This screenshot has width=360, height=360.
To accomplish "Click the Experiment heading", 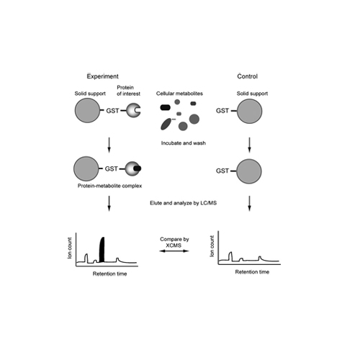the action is click(102, 76).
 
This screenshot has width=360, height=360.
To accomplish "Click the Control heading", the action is click(247, 76).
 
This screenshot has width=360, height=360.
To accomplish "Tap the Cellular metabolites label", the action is click(179, 94).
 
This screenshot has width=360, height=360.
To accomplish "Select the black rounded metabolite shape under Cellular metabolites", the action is click(165, 107).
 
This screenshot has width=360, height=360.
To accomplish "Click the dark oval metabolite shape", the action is click(166, 124).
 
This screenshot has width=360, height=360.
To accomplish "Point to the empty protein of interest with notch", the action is click(133, 110).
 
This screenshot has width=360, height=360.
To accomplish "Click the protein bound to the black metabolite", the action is click(133, 168).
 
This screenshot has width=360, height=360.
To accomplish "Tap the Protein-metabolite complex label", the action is click(109, 186).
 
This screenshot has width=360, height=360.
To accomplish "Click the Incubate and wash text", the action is click(184, 143).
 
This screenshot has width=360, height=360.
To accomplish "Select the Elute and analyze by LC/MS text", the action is click(183, 203).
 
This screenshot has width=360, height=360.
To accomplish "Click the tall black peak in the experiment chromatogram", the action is click(102, 250).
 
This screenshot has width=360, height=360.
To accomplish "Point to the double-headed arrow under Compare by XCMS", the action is click(174, 251).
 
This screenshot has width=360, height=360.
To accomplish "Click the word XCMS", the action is click(174, 246).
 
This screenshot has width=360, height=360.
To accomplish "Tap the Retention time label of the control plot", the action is click(252, 272).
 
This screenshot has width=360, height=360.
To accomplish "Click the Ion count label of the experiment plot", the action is click(70, 248).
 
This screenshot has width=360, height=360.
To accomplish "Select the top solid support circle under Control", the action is click(249, 111).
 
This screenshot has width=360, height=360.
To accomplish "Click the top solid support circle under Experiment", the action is click(87, 110).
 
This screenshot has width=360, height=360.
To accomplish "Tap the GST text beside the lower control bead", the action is click(222, 171).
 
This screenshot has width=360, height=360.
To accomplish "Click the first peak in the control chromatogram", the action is click(230, 256).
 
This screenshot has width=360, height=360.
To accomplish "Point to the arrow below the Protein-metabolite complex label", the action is click(109, 204).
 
